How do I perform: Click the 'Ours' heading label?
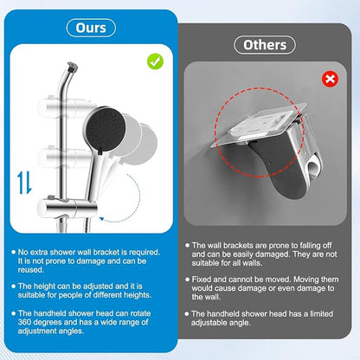91,28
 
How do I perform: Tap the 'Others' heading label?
265,45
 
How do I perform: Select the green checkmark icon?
155,61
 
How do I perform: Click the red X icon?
330,79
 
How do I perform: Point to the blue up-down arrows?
24,183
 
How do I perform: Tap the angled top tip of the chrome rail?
72,67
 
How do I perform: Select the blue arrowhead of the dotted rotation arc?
101,219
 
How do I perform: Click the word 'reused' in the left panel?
30,270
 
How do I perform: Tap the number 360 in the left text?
23,322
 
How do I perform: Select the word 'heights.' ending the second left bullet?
138,295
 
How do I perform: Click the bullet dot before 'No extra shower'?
13,252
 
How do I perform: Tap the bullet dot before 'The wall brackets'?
187,246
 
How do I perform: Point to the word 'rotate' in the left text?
140,313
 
